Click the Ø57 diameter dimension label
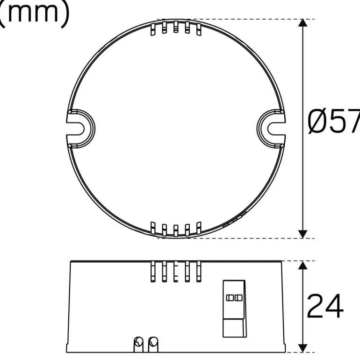coord(333,121)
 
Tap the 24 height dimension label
coord(325,306)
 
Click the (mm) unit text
coord(35,14)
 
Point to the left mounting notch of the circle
coord(80,129)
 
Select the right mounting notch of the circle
coord(271,129)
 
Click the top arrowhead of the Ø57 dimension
coord(303,23)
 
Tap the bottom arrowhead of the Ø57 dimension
coord(303,234)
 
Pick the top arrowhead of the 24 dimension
coord(303,265)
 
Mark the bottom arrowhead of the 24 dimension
coord(303,348)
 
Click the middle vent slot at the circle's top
coord(176,27)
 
